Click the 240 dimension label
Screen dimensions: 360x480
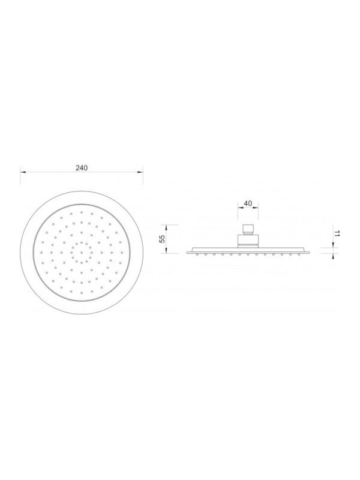coord(82,168)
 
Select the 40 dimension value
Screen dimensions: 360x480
coord(248,203)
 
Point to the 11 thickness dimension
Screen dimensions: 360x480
coord(337,234)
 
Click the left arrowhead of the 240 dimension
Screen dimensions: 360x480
coord(23,172)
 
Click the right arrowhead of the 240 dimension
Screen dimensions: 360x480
coord(140,172)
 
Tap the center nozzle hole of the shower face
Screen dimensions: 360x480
coord(82,253)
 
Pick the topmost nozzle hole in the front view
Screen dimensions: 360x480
coord(82,212)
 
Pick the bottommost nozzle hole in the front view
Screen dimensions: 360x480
coord(82,293)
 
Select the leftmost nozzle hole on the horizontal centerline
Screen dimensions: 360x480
coord(41,253)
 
